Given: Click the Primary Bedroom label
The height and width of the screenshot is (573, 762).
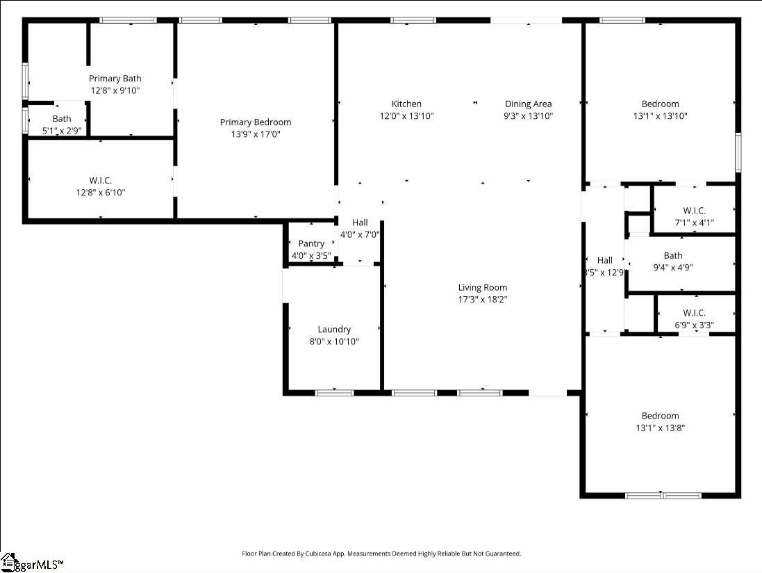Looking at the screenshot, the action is click(256, 122).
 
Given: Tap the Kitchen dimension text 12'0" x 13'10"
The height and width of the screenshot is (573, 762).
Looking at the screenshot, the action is click(407, 115).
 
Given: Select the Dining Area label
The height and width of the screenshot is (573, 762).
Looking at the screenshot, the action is click(528, 104).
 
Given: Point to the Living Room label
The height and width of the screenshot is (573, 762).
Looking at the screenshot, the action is click(483, 287).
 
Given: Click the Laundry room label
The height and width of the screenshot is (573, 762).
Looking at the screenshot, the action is click(334, 330).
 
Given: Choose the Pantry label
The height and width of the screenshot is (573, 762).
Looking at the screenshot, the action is click(311, 243).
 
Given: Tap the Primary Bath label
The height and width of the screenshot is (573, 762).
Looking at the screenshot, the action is click(115, 79).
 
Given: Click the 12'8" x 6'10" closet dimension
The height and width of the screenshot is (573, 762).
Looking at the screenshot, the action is click(101, 192).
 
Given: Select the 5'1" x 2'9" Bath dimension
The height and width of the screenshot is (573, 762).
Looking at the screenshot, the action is click(62, 130).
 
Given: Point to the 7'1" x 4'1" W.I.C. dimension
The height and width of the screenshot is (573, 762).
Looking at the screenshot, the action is click(694, 223).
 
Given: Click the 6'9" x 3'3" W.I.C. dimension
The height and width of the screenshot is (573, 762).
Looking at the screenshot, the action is click(694, 325).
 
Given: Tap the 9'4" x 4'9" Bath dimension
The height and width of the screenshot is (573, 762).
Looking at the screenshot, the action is click(673, 267).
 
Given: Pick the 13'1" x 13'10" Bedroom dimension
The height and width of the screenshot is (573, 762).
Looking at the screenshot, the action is click(661, 115).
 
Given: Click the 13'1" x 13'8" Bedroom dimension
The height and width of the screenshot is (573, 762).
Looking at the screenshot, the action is click(661, 428).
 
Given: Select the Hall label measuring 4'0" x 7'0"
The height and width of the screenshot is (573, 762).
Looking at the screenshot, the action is click(360, 223).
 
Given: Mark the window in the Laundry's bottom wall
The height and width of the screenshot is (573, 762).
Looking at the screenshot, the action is click(334, 392).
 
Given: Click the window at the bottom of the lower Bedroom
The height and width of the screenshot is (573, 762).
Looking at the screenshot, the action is click(663, 496).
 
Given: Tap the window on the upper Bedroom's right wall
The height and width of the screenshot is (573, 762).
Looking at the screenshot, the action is click(738, 153).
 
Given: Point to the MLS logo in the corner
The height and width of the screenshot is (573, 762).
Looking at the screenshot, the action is click(32, 563).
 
